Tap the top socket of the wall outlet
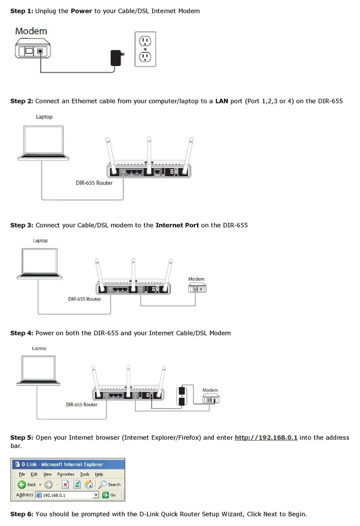146,41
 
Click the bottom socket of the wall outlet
146,57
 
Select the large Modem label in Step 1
31,31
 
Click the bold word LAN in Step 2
221,101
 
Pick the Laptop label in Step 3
40,241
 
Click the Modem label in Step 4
210,390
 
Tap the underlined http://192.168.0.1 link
266,438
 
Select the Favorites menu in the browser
65,474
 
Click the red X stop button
65,484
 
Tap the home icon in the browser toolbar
89,484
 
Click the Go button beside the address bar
109,495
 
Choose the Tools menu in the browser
85,474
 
